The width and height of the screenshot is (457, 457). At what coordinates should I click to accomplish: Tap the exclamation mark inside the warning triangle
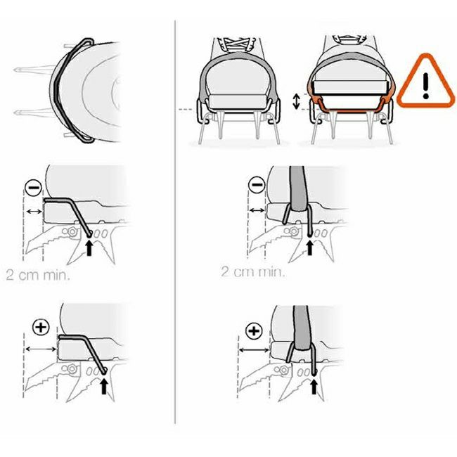point(426,85)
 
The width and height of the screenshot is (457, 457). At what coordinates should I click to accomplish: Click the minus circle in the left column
point(34,188)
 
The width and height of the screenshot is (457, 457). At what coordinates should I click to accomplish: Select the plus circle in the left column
point(41,328)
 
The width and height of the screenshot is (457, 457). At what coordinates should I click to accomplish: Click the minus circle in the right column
point(256,185)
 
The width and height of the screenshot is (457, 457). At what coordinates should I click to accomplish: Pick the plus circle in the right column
point(254,330)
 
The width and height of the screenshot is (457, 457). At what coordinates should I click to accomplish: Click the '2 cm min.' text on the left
point(38,275)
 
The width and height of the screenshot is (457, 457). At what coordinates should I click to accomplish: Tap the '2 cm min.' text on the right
point(252,271)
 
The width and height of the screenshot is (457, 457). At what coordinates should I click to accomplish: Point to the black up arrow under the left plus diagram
point(104,385)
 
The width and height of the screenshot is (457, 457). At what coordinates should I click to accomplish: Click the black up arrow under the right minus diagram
point(309,247)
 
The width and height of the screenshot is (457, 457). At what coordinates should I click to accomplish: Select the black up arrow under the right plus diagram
point(314,386)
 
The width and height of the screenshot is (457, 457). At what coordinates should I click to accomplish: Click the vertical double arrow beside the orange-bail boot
point(296,102)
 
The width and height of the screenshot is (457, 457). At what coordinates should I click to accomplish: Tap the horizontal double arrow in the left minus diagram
point(34,212)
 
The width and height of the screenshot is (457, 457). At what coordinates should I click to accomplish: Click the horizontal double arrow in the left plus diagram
point(41,349)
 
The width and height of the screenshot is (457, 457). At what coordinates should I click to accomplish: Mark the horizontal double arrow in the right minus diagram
point(257,210)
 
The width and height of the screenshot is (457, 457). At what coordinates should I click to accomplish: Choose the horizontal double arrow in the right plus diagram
point(254,349)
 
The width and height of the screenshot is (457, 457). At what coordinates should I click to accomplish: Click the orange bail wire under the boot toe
point(349,110)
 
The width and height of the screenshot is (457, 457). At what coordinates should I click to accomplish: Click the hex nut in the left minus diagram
point(72,232)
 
